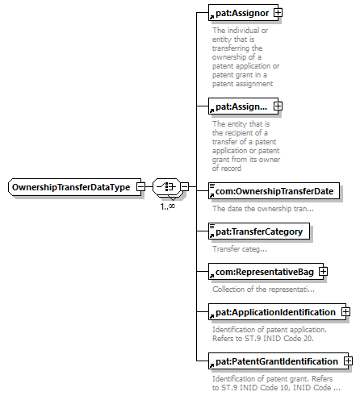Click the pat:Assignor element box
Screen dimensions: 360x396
(243, 13)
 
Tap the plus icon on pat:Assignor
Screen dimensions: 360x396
(278, 12)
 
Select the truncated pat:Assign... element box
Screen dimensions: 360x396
(243, 106)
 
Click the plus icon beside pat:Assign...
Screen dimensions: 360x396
(278, 106)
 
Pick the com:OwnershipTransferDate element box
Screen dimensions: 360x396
(274, 191)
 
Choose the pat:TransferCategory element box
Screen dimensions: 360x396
(259, 231)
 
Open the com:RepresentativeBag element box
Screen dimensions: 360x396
(266, 272)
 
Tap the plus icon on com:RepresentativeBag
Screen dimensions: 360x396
(323, 272)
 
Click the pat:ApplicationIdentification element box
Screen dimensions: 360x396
(277, 312)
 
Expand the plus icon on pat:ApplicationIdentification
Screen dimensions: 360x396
(345, 312)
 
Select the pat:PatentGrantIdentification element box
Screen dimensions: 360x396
(278, 361)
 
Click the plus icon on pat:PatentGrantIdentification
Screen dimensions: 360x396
(348, 361)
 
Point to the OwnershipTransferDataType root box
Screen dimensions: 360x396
(74, 187)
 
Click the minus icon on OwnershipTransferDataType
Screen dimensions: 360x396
(140, 186)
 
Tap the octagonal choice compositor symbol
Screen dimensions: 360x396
(167, 186)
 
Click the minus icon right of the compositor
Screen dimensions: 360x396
(185, 186)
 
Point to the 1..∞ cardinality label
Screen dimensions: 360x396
(168, 206)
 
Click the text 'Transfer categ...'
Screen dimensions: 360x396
(240, 249)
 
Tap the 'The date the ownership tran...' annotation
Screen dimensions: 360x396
(263, 209)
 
